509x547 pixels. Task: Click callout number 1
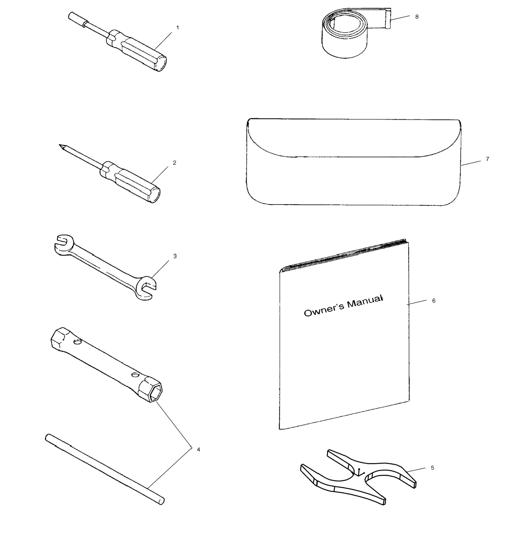pos(177,27)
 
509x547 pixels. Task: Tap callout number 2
pos(175,163)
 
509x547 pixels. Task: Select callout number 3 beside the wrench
pos(175,256)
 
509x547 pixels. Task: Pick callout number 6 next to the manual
pos(434,301)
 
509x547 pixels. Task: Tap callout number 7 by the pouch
pos(487,159)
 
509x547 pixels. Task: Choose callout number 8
pos(417,17)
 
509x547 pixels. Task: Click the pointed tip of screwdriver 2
pos(59,145)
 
